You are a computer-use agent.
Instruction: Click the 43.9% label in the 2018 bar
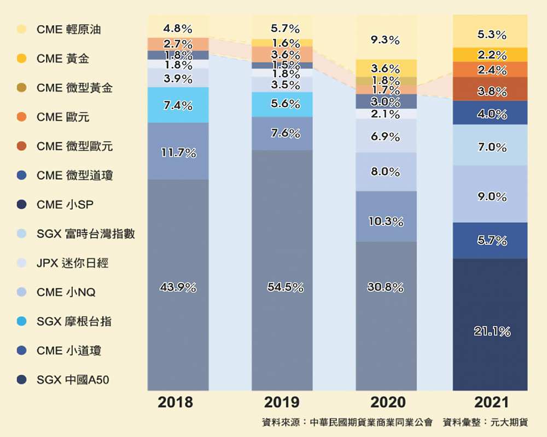pos(178,287)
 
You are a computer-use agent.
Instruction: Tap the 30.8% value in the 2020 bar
pos(386,287)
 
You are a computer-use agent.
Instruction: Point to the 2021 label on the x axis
pos(491,403)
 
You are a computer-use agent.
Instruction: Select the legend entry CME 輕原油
pos(68,29)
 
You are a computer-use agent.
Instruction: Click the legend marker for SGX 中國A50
pos(21,380)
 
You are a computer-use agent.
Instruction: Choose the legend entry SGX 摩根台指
pos(74,321)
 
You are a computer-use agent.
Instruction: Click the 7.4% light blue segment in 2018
pos(178,105)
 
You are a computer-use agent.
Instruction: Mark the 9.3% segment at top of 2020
pos(386,40)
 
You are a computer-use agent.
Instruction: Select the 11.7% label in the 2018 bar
pos(178,153)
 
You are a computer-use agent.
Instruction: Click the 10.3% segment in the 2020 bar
pos(386,222)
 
